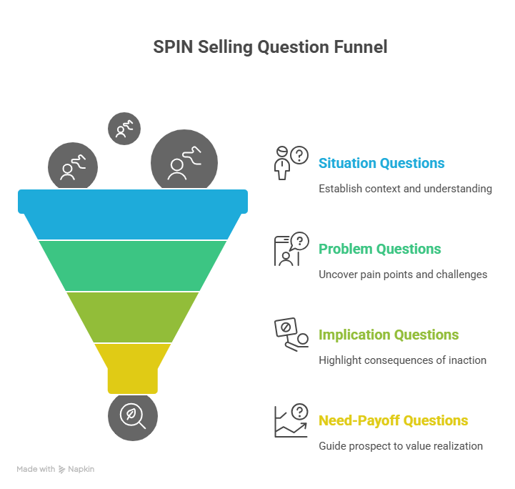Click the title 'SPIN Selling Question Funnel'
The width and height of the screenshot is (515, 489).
point(270,47)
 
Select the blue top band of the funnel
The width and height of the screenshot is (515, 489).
point(133,214)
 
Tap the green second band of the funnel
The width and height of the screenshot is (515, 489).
point(133,265)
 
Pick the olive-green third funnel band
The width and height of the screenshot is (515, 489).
point(133,317)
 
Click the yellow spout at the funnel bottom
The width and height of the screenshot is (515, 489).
point(133,367)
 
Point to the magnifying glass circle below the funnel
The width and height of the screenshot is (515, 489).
point(133,415)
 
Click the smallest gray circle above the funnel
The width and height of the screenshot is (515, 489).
point(124,129)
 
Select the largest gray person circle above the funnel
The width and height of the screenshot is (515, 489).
point(184,162)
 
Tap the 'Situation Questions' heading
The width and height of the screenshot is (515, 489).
point(381,163)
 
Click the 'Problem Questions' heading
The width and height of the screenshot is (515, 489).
point(379,249)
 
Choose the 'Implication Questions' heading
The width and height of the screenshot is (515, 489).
point(389,335)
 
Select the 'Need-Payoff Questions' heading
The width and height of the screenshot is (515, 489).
point(393,420)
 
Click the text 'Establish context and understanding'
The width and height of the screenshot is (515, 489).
point(405,189)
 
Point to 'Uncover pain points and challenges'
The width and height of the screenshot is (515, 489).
point(403,275)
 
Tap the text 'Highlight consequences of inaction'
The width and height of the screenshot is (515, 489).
point(402,360)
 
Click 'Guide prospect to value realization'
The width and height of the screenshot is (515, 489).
point(400,446)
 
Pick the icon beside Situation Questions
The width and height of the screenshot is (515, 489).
point(290,163)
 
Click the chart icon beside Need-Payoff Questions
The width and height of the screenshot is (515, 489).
point(290,420)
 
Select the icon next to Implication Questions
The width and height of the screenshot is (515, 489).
point(290,335)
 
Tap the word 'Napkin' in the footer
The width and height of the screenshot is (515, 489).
point(81,469)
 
